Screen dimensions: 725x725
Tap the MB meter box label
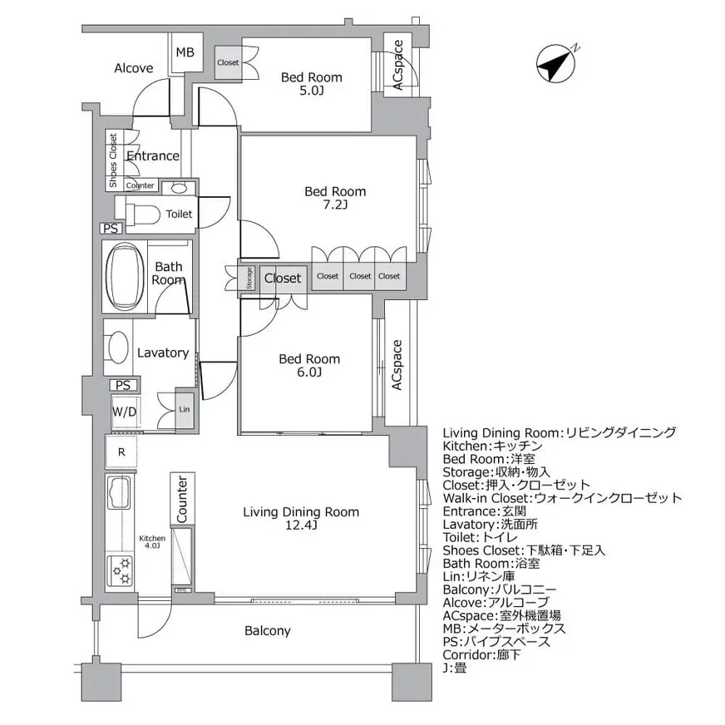(184, 53)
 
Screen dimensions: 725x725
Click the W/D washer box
(126, 410)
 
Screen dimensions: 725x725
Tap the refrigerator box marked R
(121, 451)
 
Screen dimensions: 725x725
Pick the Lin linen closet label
(185, 410)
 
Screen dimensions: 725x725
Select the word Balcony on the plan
(268, 631)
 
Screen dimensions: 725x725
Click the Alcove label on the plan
(133, 68)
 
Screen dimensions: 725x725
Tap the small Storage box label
(249, 278)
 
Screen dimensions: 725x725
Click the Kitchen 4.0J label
(151, 542)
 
